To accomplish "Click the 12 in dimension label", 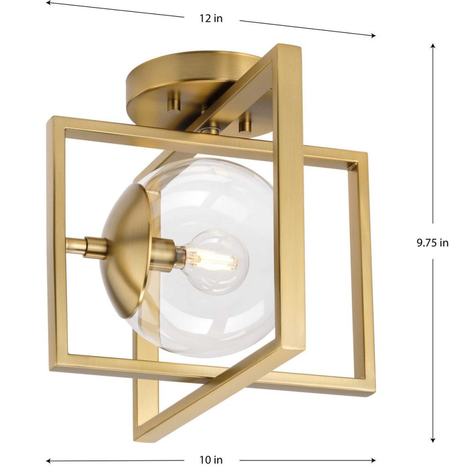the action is pos(211,19).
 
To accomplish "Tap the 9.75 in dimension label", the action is pos(432,242).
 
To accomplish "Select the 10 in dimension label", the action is pos(211,460).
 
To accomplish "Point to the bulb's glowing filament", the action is pos(214,260).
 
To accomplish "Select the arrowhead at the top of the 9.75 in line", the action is pos(432,46).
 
